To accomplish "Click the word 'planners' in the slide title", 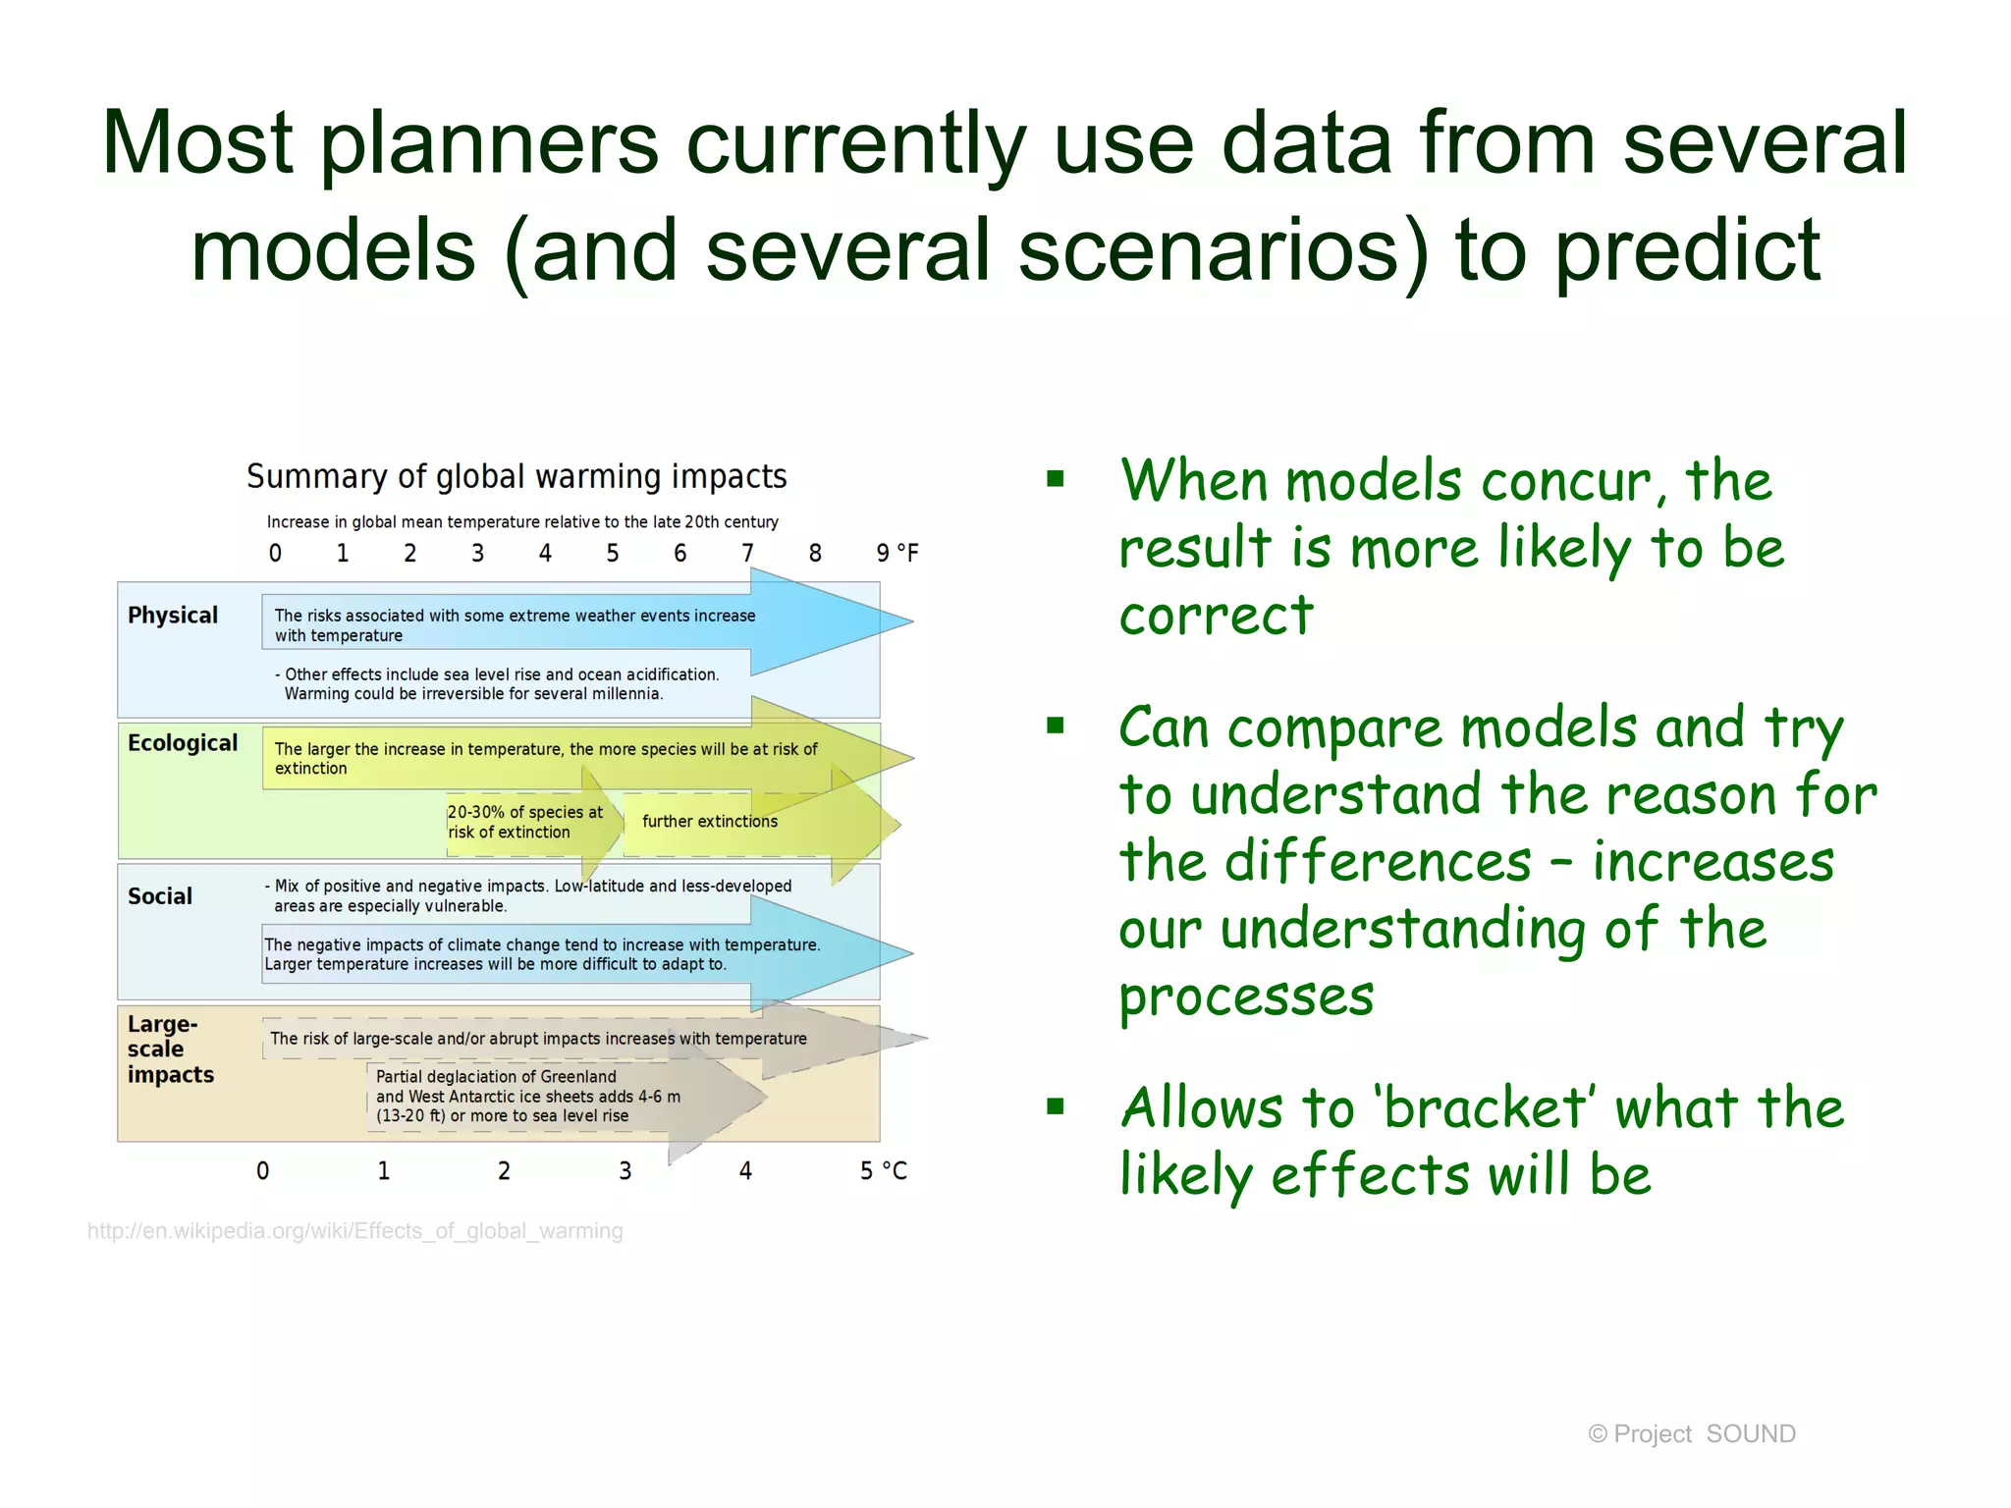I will click(x=488, y=144).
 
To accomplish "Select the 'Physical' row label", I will click(x=173, y=616).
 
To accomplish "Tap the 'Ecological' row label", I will click(x=183, y=743).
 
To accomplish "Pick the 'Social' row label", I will click(x=160, y=896).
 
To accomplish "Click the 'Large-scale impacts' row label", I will click(x=170, y=1050).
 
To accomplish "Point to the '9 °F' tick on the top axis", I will click(x=897, y=554).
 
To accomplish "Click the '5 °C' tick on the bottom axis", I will click(x=883, y=1171).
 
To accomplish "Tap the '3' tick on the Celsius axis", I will click(x=625, y=1171).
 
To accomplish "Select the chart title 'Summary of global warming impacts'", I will click(x=516, y=476).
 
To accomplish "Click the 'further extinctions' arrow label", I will click(x=710, y=822).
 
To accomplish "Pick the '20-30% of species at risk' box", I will click(x=525, y=823).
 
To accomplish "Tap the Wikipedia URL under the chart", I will click(x=354, y=1231).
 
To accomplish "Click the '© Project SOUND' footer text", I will click(x=1691, y=1434).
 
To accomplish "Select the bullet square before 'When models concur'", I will click(x=1056, y=479).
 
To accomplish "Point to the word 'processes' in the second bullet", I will click(x=1246, y=996).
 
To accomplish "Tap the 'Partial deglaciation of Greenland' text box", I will click(x=527, y=1097).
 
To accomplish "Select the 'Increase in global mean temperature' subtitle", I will click(x=522, y=522).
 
